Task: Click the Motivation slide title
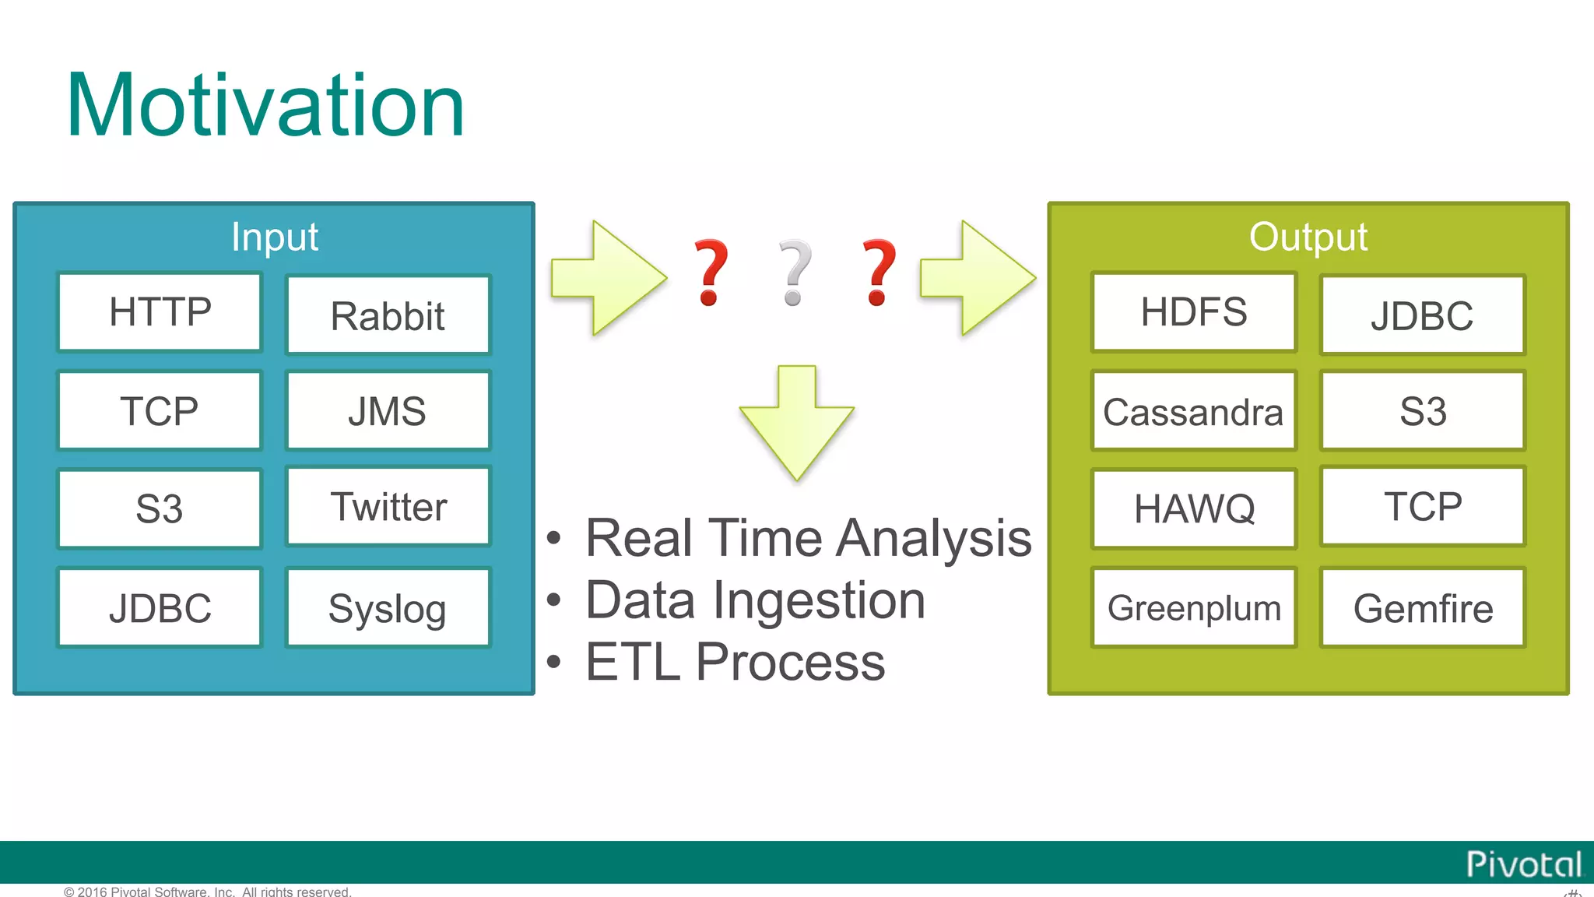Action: (265, 105)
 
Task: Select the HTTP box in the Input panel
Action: (160, 312)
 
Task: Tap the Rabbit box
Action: (388, 315)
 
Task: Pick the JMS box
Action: (388, 411)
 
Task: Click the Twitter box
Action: (388, 507)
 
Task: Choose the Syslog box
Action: (388, 608)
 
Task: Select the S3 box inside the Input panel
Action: (160, 509)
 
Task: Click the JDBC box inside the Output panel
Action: (1422, 315)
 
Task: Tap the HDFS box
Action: (1193, 312)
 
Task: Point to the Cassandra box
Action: (1193, 411)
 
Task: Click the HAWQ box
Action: (1193, 509)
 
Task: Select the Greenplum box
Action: (1193, 608)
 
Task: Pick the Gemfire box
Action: (1422, 608)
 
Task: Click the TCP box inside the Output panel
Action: (1422, 507)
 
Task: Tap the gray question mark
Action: (795, 273)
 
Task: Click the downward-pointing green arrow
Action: (796, 424)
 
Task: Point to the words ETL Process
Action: (735, 663)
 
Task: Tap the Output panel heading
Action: (1308, 237)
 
